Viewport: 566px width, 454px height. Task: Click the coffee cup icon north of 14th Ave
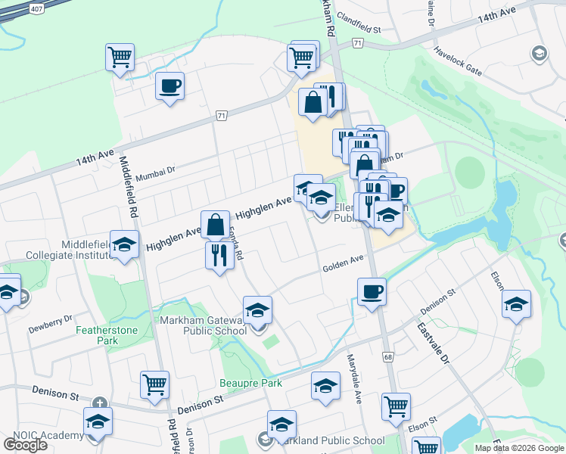[x=169, y=85]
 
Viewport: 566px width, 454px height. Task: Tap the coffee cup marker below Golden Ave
[x=371, y=291]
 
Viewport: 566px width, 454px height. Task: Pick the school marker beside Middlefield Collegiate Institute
[x=125, y=244]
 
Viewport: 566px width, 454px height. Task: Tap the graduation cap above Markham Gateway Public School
[x=257, y=309]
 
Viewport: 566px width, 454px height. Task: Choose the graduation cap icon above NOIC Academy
[x=98, y=421]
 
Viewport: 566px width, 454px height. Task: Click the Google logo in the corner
[x=25, y=444]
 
